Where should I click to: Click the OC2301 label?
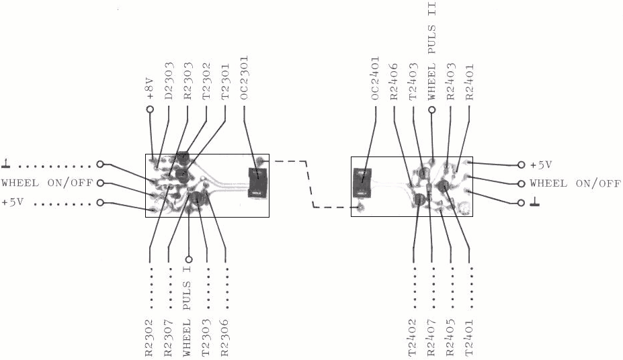tap(244, 78)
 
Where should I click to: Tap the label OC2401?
tap(376, 78)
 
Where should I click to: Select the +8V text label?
tap(150, 88)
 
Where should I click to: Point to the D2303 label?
tap(169, 81)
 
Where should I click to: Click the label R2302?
tap(149, 337)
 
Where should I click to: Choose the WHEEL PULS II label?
tap(432, 51)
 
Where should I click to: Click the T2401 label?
tap(469, 337)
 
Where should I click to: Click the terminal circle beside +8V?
tap(150, 109)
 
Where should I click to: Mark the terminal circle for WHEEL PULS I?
tap(189, 259)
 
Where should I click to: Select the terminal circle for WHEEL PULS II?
tap(432, 109)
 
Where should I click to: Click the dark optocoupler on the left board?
tap(258, 183)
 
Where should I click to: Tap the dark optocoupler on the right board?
tap(362, 183)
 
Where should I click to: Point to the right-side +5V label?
tap(541, 165)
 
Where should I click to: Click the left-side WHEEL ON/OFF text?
tap(47, 183)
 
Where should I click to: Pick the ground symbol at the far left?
tap(6, 163)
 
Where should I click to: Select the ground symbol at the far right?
tap(535, 202)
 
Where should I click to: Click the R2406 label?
tap(394, 81)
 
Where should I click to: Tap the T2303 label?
tap(206, 337)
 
